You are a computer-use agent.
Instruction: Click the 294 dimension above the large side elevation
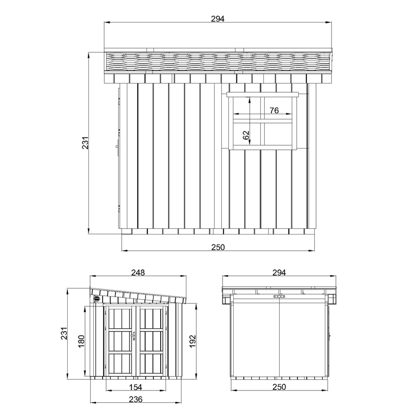point(217,19)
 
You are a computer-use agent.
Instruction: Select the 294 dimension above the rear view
point(279,272)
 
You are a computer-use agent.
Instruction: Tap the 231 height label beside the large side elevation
point(85,143)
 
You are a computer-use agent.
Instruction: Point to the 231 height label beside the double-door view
point(64,333)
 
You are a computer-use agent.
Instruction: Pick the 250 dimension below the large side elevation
point(218,247)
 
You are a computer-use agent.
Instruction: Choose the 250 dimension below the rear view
point(279,387)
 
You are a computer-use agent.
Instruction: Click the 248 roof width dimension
point(138,272)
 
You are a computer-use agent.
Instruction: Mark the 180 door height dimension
point(81,341)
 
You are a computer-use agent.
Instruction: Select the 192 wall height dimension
point(193,341)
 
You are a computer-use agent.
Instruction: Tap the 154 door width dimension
point(136,387)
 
